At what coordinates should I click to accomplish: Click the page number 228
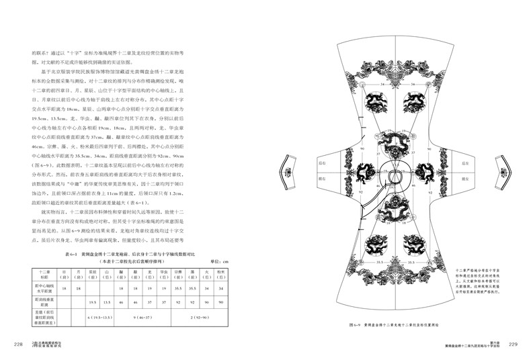[x=19, y=345]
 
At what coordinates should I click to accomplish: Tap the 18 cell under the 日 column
[x=64, y=287]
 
